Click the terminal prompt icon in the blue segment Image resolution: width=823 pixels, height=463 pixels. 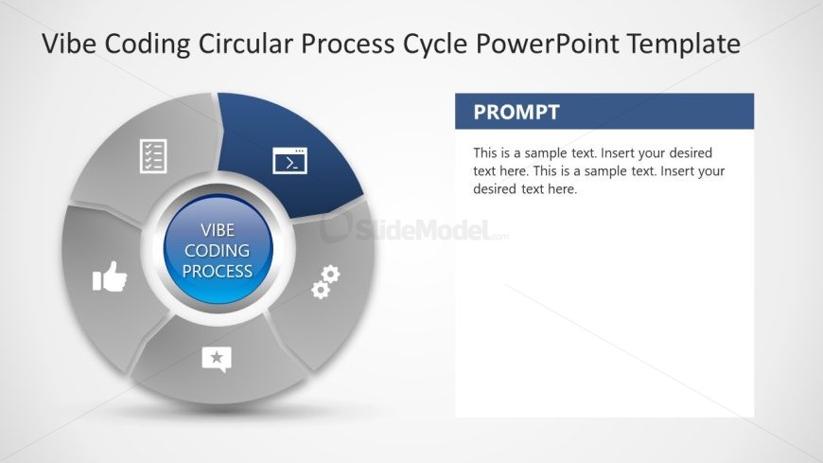(290, 160)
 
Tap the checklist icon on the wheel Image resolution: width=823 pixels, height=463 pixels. (153, 155)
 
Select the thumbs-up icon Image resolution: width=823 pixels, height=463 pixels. (110, 277)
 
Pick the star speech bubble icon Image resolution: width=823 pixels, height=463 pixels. (217, 359)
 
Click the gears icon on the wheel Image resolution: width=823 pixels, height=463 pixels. (325, 282)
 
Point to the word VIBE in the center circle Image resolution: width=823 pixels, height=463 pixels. (218, 231)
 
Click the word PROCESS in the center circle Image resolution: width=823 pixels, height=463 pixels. (218, 272)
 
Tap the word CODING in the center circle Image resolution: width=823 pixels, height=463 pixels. (218, 251)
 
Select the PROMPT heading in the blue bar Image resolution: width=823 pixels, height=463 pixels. (517, 113)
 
